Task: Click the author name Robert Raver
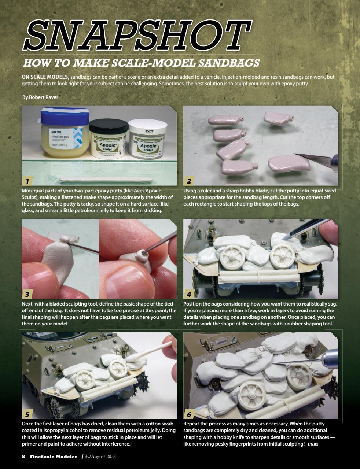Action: tap(40, 97)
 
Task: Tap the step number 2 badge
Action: tap(189, 181)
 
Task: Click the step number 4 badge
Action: tap(189, 294)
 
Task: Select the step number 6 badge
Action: tap(189, 414)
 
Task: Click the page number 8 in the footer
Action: tap(23, 457)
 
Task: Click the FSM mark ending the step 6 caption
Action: tap(313, 444)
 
